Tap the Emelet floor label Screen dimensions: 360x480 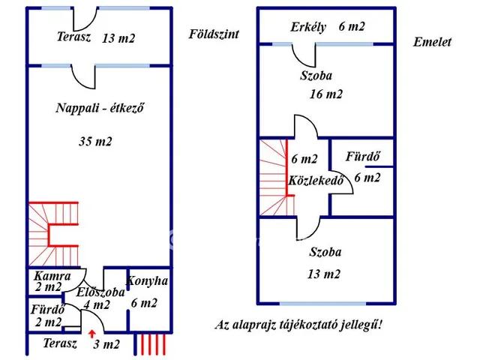click(432, 42)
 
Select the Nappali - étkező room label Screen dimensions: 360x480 click(100, 107)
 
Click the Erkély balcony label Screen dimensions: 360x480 click(308, 27)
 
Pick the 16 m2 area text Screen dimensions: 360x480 click(326, 94)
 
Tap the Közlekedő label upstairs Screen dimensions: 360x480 click(316, 181)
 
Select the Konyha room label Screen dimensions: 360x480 click(147, 281)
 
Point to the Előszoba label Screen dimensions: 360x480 click(100, 292)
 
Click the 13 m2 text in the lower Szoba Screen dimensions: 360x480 click(325, 274)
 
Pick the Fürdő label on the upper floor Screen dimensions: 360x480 click(361, 157)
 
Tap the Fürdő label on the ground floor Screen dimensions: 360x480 click(46, 309)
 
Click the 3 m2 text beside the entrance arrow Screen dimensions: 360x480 click(106, 344)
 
